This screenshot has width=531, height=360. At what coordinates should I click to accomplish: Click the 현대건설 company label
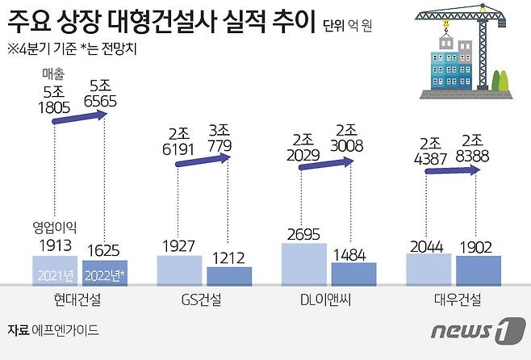tap(79, 299)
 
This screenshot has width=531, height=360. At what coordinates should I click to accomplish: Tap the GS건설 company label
tap(203, 299)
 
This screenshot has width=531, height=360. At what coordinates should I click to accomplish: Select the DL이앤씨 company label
tap(328, 299)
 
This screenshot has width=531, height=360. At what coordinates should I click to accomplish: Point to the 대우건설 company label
tap(454, 299)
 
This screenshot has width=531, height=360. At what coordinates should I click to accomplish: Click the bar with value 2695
tap(303, 264)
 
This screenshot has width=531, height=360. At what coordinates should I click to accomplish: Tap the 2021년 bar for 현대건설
tap(55, 270)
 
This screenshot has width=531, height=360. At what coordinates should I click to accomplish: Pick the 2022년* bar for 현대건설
tap(105, 272)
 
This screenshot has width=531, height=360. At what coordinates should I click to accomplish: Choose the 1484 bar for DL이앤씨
tap(353, 274)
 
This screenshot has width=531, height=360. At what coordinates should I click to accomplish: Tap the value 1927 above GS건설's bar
tap(179, 245)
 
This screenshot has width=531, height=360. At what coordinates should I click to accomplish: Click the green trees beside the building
tap(500, 82)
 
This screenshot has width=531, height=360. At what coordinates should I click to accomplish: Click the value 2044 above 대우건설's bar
tap(429, 245)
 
